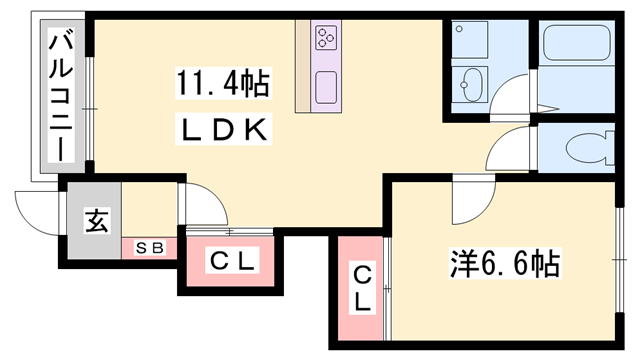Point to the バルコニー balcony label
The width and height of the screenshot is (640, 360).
tap(60, 96)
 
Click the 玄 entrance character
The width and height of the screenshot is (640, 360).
tap(95, 219)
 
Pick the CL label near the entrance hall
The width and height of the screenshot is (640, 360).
tap(232, 263)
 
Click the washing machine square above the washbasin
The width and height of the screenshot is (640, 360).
tap(470, 41)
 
